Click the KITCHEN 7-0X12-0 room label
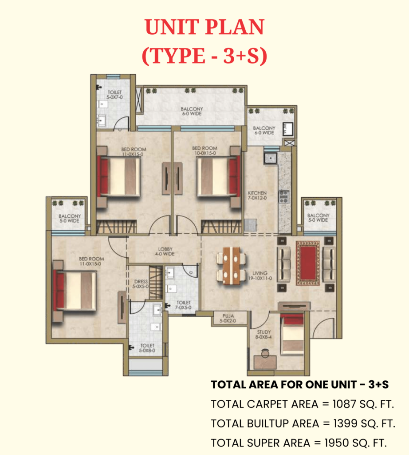(x=257, y=196)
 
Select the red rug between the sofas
(x=308, y=263)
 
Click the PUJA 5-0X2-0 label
(x=228, y=318)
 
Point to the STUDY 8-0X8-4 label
(x=263, y=334)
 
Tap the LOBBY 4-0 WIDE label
(x=165, y=251)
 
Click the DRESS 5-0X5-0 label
(x=141, y=284)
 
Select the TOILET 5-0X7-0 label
(x=115, y=95)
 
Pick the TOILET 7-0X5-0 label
(x=183, y=305)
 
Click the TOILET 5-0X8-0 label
(x=147, y=348)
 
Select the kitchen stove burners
(x=283, y=196)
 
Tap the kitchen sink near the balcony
(x=271, y=159)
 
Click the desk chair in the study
(x=265, y=353)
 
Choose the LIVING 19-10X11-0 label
(x=260, y=275)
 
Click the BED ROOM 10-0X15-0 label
(x=204, y=151)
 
